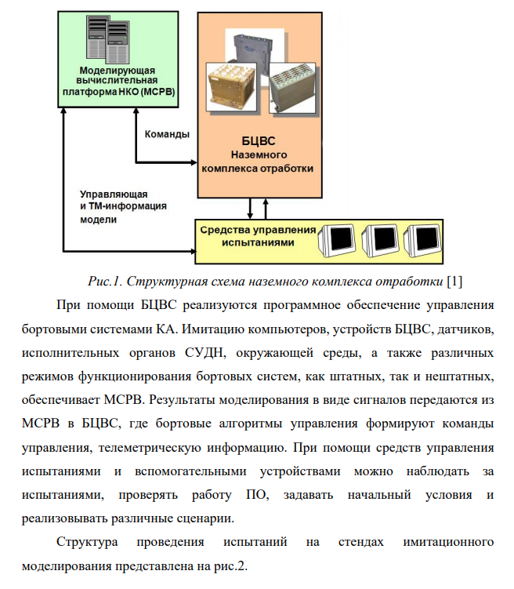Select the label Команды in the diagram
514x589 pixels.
[167, 133]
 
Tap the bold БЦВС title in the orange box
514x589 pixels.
[258, 142]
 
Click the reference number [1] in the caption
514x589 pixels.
[454, 281]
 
